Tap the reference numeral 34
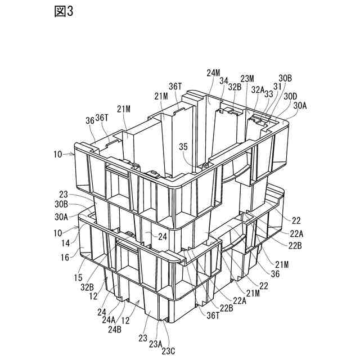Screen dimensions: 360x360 224,82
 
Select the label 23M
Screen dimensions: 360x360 247,79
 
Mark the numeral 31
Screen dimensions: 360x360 277,86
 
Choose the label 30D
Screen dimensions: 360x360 290,96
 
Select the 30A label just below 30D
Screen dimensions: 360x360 299,105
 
